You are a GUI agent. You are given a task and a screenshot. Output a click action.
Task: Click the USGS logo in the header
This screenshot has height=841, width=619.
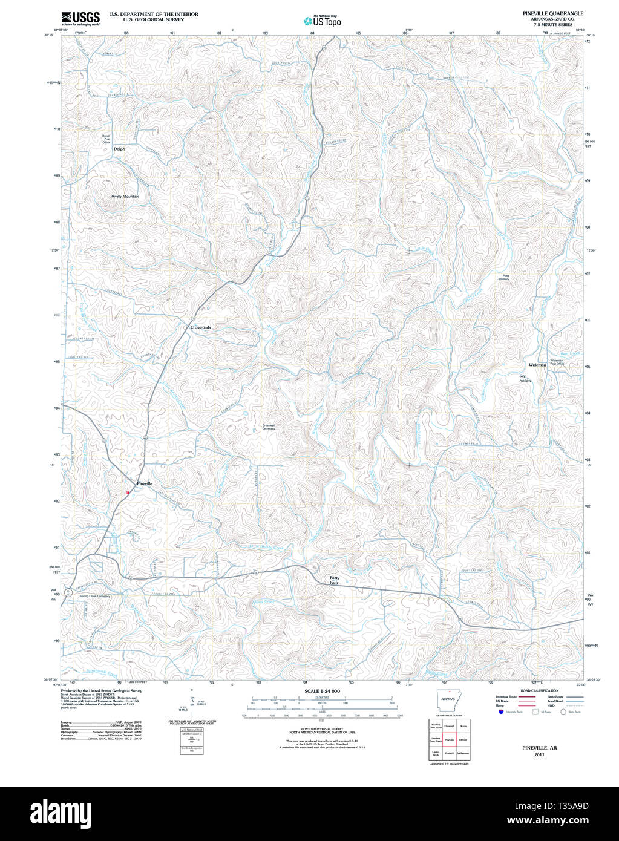point(80,18)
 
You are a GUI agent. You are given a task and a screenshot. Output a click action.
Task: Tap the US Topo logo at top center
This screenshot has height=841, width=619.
point(322,21)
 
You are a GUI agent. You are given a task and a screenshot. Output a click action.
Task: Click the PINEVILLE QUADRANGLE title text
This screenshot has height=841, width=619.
point(545,13)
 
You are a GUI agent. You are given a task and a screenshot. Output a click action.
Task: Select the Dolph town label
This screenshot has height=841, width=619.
point(119,149)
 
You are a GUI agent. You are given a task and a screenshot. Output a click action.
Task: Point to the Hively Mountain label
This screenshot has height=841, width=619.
point(125,196)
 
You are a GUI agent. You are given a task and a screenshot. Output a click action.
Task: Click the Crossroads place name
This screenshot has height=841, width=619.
point(200,327)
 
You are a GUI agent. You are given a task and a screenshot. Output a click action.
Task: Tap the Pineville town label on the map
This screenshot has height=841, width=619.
point(145,484)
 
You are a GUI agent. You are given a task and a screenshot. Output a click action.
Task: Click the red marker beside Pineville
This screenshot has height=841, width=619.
point(128,492)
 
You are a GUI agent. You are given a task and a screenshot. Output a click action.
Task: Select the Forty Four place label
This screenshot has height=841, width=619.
point(334,580)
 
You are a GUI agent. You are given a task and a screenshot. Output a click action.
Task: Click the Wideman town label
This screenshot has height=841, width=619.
point(537,365)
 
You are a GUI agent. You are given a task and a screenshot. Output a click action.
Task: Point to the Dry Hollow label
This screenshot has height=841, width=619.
point(525,378)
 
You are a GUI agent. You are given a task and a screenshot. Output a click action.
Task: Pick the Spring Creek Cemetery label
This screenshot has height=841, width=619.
point(95,596)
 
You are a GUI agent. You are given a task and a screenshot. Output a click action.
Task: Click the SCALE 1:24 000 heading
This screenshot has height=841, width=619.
point(322,691)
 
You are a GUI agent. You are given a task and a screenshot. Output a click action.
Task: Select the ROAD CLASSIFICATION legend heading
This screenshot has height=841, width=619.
point(535,690)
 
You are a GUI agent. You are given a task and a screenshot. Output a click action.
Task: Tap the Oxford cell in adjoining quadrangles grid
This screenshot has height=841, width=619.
point(463,739)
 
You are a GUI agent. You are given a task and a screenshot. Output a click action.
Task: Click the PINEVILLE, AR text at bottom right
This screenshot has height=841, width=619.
point(535,748)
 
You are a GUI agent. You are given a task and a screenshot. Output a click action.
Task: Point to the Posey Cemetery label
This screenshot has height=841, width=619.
point(503,277)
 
